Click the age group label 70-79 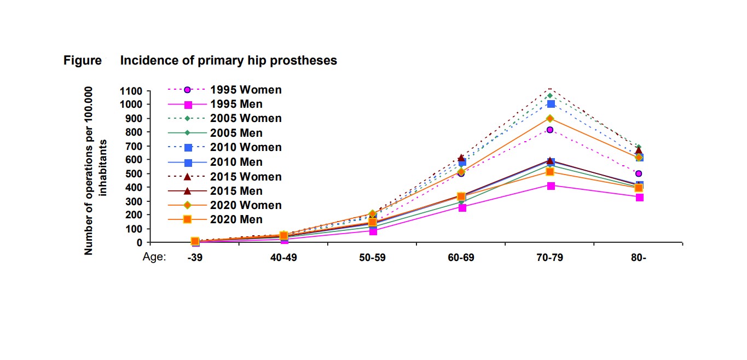click(549, 258)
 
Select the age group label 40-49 click(283, 258)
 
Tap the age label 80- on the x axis click(638, 258)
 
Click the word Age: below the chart click(154, 257)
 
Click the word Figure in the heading click(83, 61)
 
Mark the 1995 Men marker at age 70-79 click(551, 185)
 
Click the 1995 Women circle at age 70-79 click(550, 130)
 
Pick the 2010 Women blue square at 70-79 click(551, 104)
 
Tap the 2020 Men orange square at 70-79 click(550, 172)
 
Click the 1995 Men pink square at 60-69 click(462, 207)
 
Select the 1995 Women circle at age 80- click(639, 173)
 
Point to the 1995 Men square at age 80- click(639, 197)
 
